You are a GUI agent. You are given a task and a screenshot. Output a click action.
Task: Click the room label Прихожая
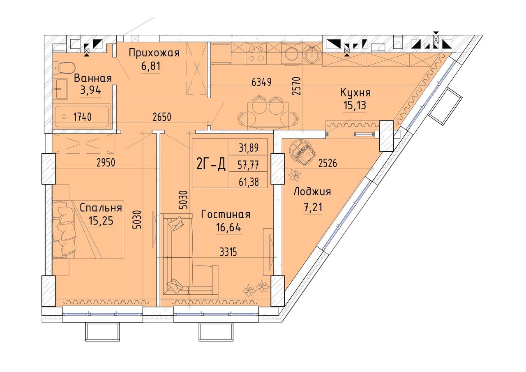(154, 53)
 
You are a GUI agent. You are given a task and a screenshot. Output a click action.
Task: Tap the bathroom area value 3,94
(91, 90)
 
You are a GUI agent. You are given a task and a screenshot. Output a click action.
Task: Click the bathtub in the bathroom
(82, 116)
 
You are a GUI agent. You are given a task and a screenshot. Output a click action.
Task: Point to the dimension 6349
(261, 82)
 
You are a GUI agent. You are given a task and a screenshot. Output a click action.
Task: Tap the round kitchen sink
(313, 54)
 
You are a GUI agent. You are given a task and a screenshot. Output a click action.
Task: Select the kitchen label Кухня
(355, 93)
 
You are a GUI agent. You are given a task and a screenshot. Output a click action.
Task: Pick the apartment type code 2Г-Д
(211, 164)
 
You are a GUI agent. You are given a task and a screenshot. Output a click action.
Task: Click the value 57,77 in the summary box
(249, 165)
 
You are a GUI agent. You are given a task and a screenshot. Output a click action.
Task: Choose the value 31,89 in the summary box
(249, 148)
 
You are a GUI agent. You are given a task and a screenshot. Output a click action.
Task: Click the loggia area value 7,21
(313, 207)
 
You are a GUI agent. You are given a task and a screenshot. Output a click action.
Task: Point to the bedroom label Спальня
(101, 208)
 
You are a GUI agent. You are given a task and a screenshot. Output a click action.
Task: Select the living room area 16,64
(228, 227)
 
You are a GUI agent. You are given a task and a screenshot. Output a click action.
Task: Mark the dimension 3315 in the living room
(228, 252)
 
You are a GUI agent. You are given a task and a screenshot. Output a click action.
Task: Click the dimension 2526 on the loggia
(328, 163)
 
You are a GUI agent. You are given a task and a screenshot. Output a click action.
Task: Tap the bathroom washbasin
(60, 89)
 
